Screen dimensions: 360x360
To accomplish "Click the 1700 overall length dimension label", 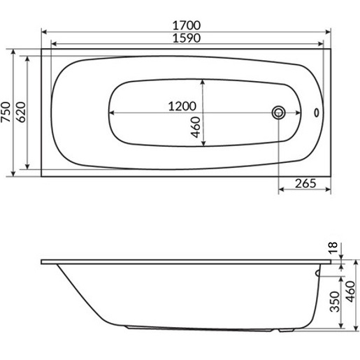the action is pyautogui.click(x=187, y=25).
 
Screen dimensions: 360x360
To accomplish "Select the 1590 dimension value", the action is pyautogui.click(x=187, y=38).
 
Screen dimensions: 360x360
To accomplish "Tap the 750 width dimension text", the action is pyautogui.click(x=6, y=112).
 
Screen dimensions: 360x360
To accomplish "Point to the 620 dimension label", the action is pyautogui.click(x=22, y=112).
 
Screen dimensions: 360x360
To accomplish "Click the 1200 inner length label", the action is pyautogui.click(x=182, y=106).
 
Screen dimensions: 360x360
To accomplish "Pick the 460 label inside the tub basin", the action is pyautogui.click(x=196, y=127).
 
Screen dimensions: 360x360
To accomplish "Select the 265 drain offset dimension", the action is pyautogui.click(x=305, y=184).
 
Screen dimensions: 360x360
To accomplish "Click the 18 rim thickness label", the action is pyautogui.click(x=333, y=247).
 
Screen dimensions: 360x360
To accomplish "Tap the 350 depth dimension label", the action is pyautogui.click(x=335, y=301).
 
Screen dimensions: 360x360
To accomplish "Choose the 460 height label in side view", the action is pyautogui.click(x=351, y=291).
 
